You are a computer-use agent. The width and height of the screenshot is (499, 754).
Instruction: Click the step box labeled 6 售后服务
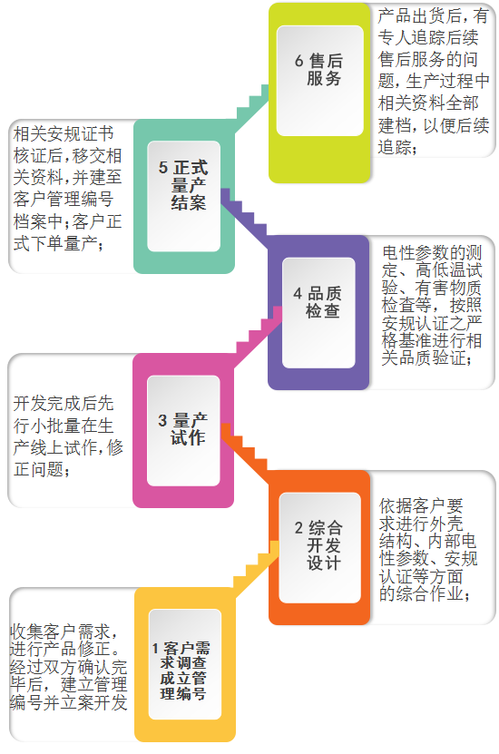[319, 93]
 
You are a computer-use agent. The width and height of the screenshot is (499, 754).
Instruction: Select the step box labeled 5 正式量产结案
[183, 196]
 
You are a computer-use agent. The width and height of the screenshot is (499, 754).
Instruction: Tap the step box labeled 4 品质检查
[318, 312]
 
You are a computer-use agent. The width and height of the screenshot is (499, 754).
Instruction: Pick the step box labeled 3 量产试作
[183, 430]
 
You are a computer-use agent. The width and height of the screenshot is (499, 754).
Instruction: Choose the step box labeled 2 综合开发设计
[319, 547]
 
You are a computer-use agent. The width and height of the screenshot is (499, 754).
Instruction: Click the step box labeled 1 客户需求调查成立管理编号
[185, 664]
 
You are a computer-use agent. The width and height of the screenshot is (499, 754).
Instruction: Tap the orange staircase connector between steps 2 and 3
[245, 453]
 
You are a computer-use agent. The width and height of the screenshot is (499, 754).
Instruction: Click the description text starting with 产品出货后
[433, 81]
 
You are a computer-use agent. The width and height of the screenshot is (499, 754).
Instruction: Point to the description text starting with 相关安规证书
[67, 189]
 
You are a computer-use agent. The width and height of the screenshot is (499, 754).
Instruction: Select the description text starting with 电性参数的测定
[432, 305]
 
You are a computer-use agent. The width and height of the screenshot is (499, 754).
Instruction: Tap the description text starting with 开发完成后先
[68, 436]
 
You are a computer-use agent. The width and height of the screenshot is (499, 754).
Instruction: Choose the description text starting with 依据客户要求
[428, 549]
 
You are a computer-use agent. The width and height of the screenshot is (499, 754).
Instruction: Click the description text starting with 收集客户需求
[68, 667]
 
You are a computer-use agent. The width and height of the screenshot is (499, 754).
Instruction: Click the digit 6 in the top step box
[299, 61]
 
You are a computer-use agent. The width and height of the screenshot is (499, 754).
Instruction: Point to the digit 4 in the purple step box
[298, 293]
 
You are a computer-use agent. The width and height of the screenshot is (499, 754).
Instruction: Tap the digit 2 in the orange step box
[299, 528]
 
